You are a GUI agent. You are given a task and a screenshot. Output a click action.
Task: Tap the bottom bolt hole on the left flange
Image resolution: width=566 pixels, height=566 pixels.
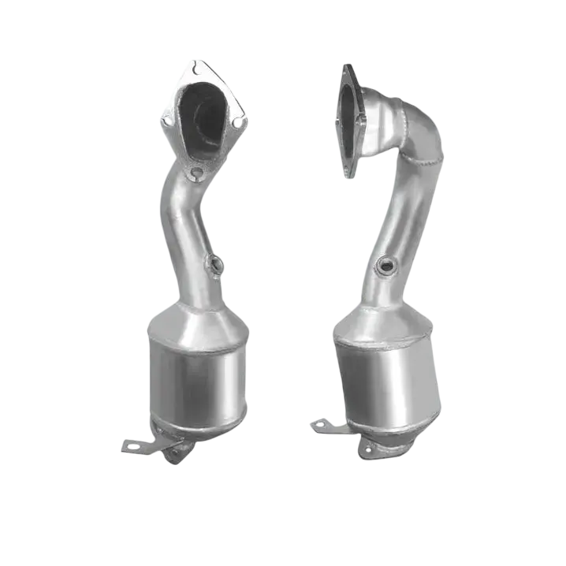click(x=197, y=174)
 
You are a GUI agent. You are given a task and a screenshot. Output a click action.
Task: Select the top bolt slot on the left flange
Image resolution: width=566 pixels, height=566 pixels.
click(x=190, y=65)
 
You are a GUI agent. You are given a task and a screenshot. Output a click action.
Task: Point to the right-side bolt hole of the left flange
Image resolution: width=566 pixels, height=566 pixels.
click(x=240, y=122)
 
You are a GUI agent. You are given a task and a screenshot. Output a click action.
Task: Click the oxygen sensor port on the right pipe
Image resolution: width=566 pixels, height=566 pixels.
click(x=386, y=266)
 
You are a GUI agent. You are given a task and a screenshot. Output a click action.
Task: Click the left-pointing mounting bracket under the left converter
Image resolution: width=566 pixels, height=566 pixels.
click(x=134, y=445)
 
